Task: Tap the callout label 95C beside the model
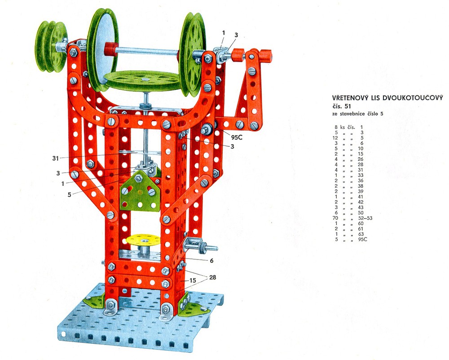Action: [x=237, y=137]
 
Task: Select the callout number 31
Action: [x=56, y=158]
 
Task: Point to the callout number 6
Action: [x=211, y=261]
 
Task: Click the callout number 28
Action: [x=213, y=277]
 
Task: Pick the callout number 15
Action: [x=193, y=281]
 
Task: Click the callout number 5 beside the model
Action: [x=69, y=195]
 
